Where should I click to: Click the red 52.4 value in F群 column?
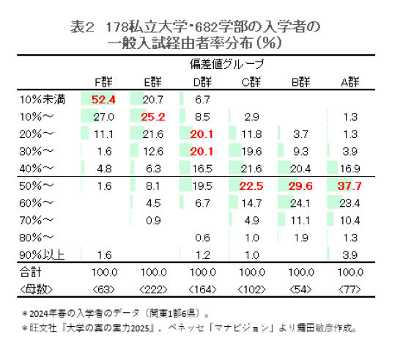point(103,100)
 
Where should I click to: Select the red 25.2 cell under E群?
point(152,117)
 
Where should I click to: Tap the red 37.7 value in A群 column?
point(350,186)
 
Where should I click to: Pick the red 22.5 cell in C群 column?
point(251,186)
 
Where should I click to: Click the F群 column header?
point(103,81)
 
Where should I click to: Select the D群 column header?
point(202,81)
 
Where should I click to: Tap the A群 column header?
point(350,81)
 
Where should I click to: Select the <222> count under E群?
point(152,288)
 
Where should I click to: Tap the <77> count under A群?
point(350,288)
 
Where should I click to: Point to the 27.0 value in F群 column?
point(103,117)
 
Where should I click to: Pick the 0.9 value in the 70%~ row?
point(152,220)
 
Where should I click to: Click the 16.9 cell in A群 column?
point(350,168)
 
